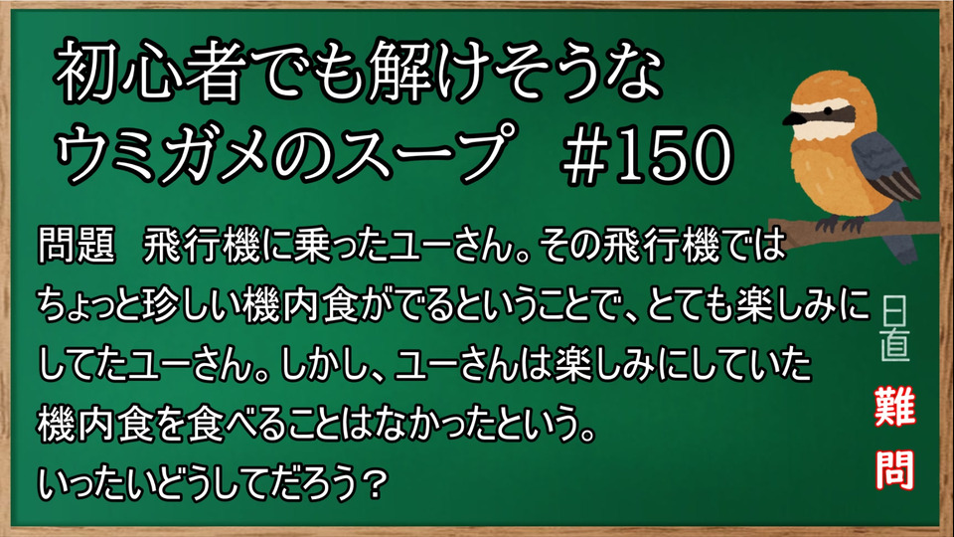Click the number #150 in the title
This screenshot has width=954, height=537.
(x=647, y=155)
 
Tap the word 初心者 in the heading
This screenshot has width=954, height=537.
(x=145, y=72)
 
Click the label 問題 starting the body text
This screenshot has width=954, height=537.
(x=77, y=246)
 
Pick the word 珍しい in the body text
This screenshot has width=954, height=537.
(x=203, y=304)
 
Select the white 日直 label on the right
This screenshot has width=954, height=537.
(x=894, y=329)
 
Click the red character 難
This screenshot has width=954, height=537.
(x=895, y=406)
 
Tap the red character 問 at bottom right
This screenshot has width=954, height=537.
(x=895, y=470)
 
